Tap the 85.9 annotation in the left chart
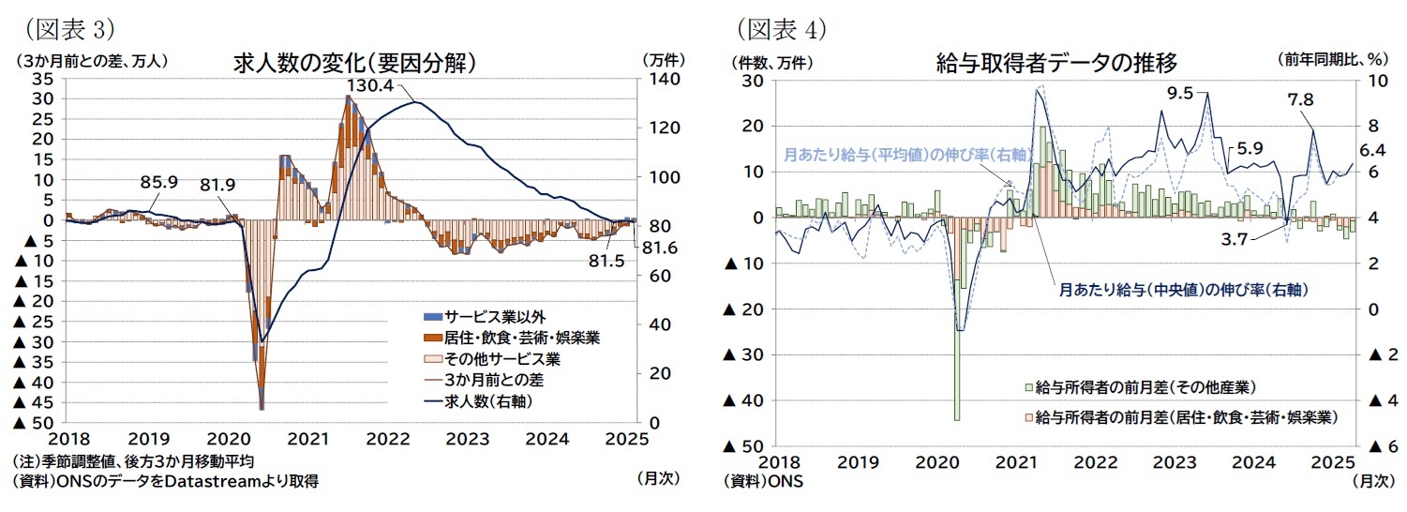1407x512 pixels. pos(158,182)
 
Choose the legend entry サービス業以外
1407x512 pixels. pos(481,316)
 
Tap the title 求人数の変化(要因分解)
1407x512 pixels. pos(355,63)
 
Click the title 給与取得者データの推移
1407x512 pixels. pos(1056,63)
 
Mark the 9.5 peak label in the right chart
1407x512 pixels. pos(1180,93)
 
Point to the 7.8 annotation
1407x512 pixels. pos(1300,99)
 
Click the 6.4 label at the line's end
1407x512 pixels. pos(1372,149)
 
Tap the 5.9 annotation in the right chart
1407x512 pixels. pos(1250,147)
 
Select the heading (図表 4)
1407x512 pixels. pos(781,28)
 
